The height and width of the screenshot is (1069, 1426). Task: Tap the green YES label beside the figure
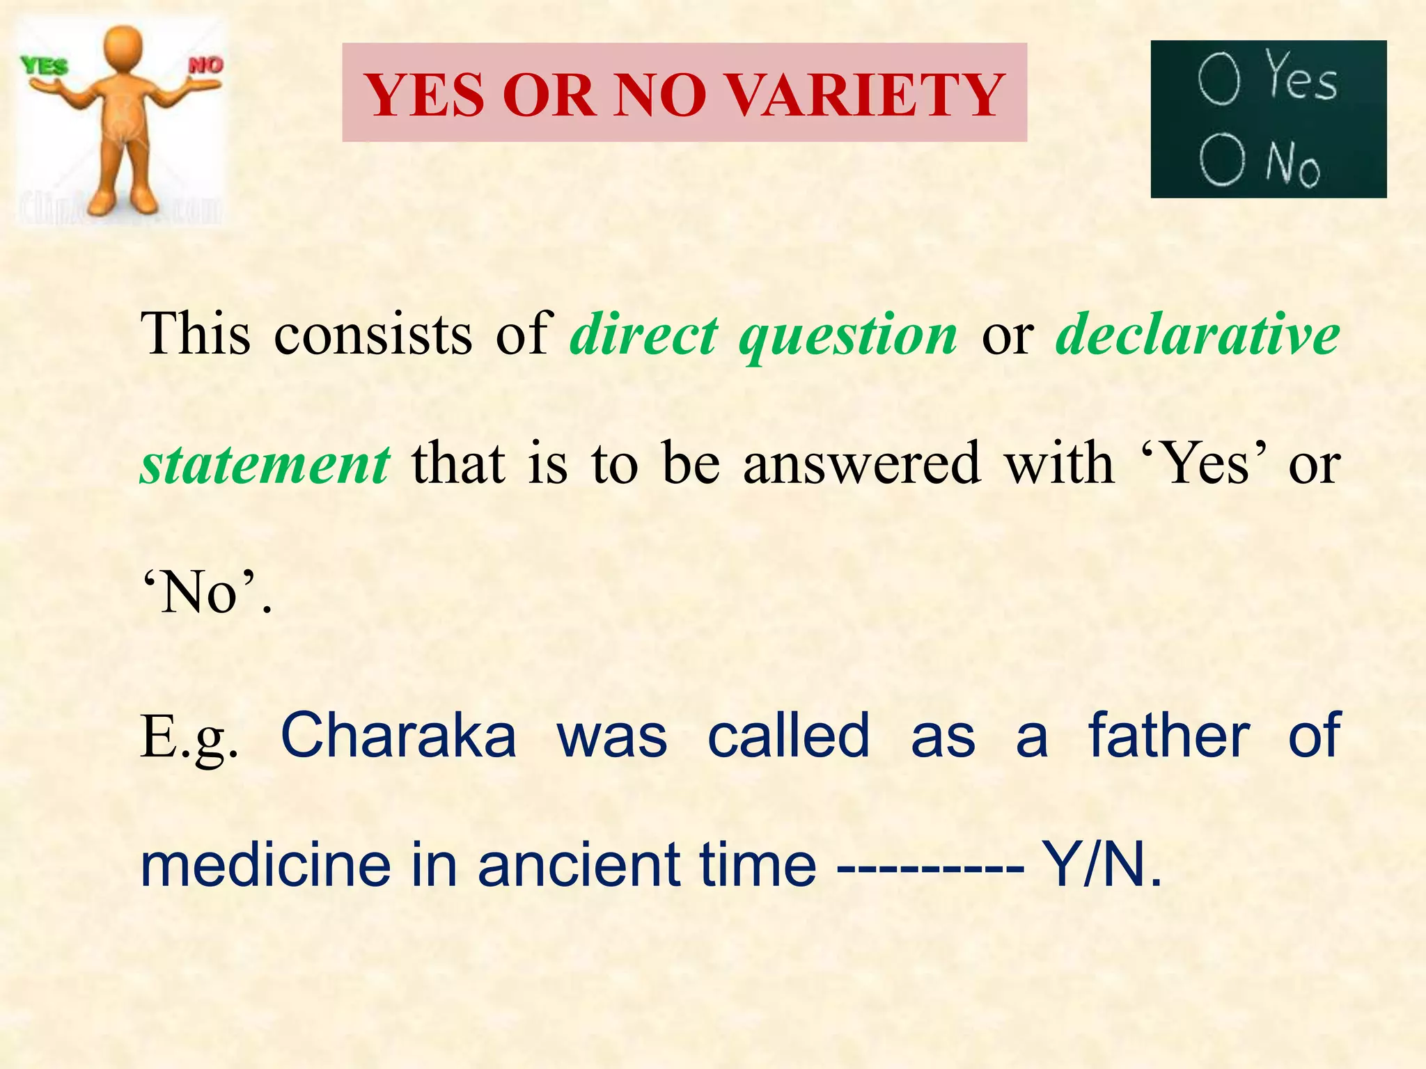click(44, 67)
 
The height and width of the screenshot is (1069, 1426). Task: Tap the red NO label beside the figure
click(206, 65)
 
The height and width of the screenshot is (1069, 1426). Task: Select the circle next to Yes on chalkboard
click(1219, 80)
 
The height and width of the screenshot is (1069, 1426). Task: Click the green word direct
click(643, 335)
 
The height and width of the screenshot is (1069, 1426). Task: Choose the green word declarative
click(1198, 335)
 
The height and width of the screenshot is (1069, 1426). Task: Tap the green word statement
click(265, 465)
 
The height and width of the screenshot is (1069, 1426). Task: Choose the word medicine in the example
click(265, 865)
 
